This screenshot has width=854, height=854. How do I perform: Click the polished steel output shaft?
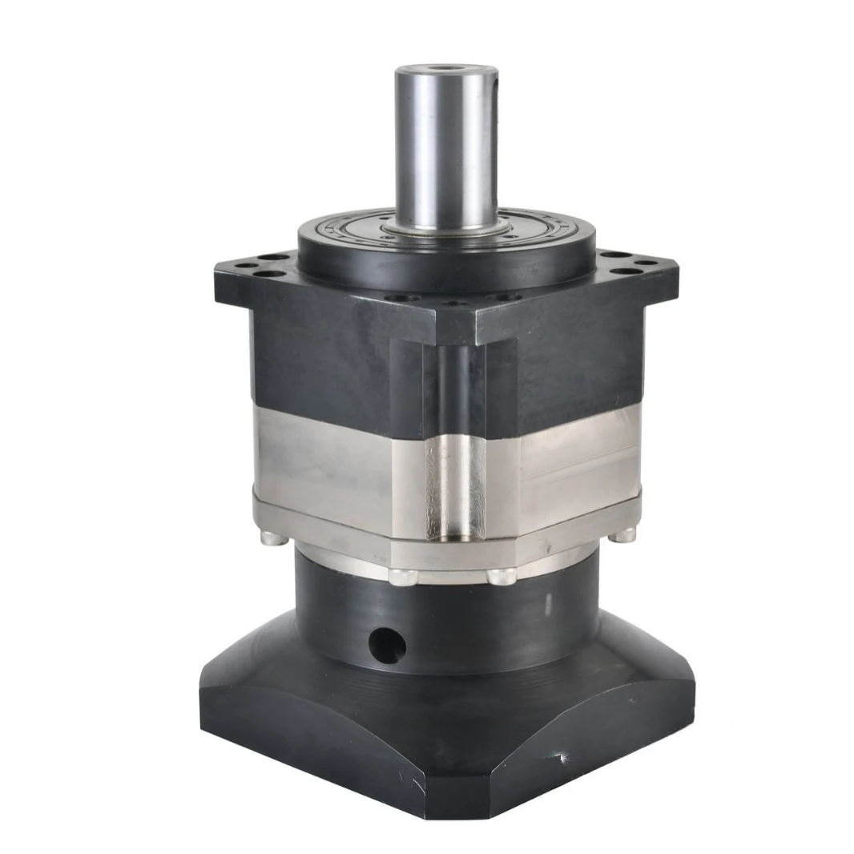click(445, 152)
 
